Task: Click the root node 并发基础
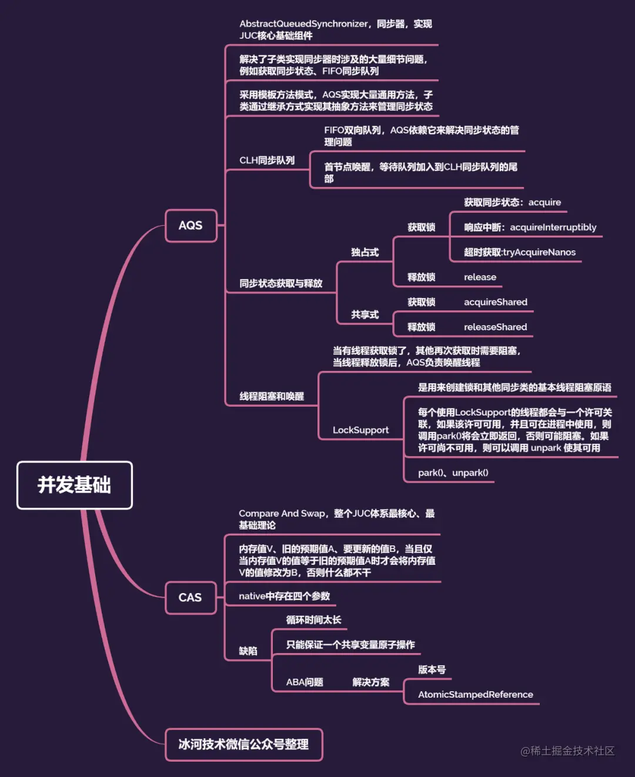point(75,485)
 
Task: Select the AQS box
point(190,226)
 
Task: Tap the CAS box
point(190,598)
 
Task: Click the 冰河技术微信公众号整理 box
point(243,745)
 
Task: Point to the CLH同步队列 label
point(267,160)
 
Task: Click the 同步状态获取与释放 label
point(280,283)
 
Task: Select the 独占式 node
point(365,252)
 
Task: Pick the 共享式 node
point(365,314)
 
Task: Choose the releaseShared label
point(495,327)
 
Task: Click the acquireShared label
point(495,302)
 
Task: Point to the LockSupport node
point(360,430)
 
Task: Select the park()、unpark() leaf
point(453,473)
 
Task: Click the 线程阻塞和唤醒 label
point(272,397)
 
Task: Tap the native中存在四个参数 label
point(284,596)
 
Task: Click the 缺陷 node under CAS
point(248,651)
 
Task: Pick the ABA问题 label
point(305,682)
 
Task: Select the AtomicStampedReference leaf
point(475,695)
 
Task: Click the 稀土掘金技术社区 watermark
point(567,751)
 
